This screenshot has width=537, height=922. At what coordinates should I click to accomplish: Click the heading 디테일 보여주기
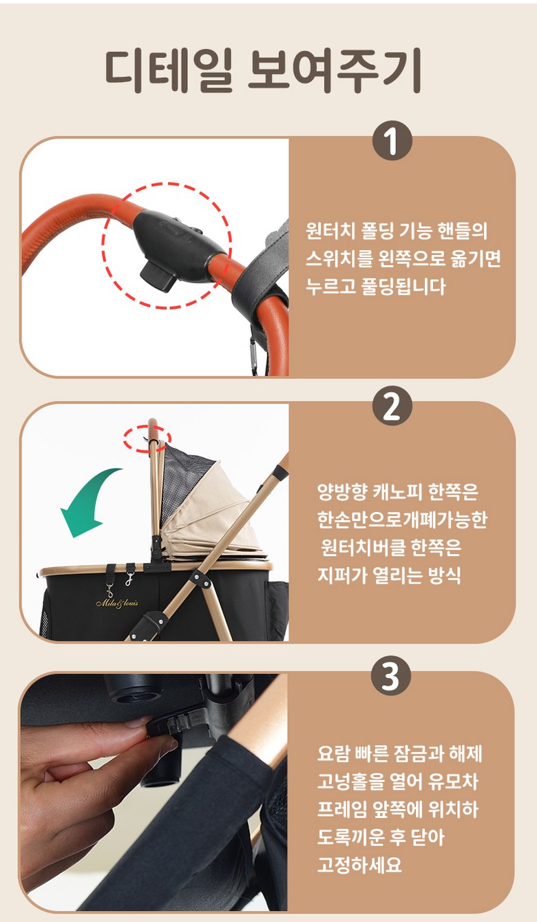click(263, 72)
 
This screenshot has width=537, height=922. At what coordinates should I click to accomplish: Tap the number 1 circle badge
click(392, 141)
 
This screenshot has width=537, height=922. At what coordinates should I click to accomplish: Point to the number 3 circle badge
click(391, 676)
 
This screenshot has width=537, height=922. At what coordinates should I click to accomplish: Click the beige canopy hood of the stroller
click(214, 519)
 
